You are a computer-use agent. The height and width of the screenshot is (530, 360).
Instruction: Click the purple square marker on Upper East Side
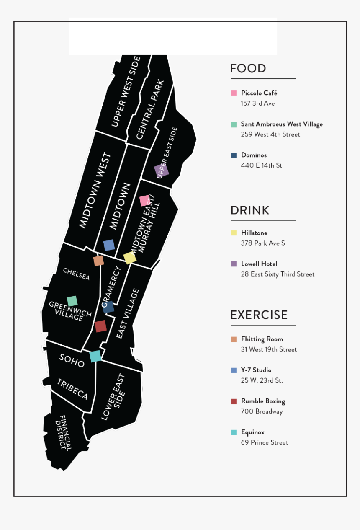coord(161,171)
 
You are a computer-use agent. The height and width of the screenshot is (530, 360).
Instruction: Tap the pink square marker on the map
coord(144,201)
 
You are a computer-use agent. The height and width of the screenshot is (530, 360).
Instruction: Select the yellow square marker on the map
coord(130,258)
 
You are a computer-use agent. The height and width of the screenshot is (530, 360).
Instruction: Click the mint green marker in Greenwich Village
coord(72,301)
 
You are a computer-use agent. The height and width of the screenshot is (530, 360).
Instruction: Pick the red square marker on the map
coord(100,326)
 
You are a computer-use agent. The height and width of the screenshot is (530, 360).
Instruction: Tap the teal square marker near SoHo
coord(95,356)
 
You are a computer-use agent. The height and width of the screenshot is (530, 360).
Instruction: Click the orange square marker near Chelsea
coord(98,261)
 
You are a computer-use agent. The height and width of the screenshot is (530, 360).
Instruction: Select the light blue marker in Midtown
coord(109,245)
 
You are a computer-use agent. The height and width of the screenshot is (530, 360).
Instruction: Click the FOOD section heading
coord(248,69)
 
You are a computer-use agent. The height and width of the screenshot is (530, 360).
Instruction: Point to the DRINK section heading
coord(250,210)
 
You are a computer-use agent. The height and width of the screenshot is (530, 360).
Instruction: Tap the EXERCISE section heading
coord(259,315)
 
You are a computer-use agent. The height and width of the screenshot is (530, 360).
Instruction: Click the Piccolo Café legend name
coord(259,93)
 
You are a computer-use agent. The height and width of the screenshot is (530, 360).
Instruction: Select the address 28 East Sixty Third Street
coord(278,274)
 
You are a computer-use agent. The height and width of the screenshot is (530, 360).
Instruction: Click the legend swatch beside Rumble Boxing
coord(234,401)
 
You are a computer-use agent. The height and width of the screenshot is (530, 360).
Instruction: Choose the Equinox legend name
coord(252,432)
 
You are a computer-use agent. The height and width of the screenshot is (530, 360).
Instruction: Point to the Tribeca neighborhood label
coord(72,390)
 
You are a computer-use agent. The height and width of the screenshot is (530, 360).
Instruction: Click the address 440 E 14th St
coord(261,165)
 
